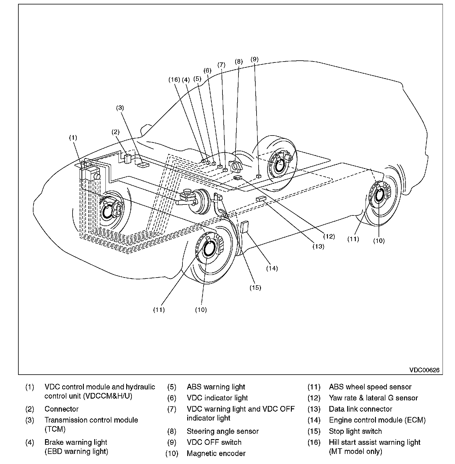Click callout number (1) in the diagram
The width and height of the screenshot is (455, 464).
click(73, 137)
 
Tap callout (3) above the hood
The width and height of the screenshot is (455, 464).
click(120, 108)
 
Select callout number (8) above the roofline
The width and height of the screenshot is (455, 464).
click(238, 62)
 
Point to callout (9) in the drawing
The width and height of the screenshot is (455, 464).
click(254, 59)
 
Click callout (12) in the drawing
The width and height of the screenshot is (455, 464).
click(329, 236)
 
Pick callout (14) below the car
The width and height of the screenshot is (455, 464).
click(272, 268)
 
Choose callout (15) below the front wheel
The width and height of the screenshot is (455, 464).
click(255, 287)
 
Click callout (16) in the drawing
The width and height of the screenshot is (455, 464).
click(174, 79)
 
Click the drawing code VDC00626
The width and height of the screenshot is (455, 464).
click(424, 370)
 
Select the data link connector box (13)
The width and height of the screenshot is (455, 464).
click(261, 199)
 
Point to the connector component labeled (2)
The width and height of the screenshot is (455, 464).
click(128, 159)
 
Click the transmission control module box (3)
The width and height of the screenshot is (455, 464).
click(144, 165)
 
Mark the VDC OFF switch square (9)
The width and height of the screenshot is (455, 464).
click(259, 176)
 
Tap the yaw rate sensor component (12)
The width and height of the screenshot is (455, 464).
click(238, 178)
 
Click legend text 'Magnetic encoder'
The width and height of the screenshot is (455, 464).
click(216, 453)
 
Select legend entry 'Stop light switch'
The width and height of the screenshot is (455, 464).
click(355, 431)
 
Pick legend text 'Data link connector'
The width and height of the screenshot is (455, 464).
click(361, 409)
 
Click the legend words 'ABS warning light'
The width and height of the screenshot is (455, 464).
click(216, 387)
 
